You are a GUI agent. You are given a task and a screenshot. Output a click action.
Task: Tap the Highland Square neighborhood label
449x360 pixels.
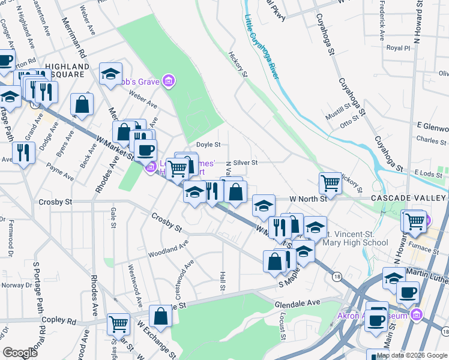(62, 70)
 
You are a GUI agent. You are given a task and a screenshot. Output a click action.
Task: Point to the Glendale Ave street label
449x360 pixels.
(298, 304)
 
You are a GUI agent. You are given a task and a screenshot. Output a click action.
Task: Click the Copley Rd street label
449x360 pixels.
(62, 322)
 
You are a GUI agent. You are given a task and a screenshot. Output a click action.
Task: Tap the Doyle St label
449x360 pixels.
(209, 145)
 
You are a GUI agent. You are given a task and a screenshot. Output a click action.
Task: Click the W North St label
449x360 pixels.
(306, 198)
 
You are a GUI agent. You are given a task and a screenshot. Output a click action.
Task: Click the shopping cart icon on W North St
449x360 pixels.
(330, 182)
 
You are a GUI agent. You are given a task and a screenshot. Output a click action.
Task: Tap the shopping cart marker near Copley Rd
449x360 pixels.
(118, 323)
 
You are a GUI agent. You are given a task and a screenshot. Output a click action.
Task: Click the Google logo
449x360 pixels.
(20, 353)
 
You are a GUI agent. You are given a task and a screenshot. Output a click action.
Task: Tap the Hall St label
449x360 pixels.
(222, 280)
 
